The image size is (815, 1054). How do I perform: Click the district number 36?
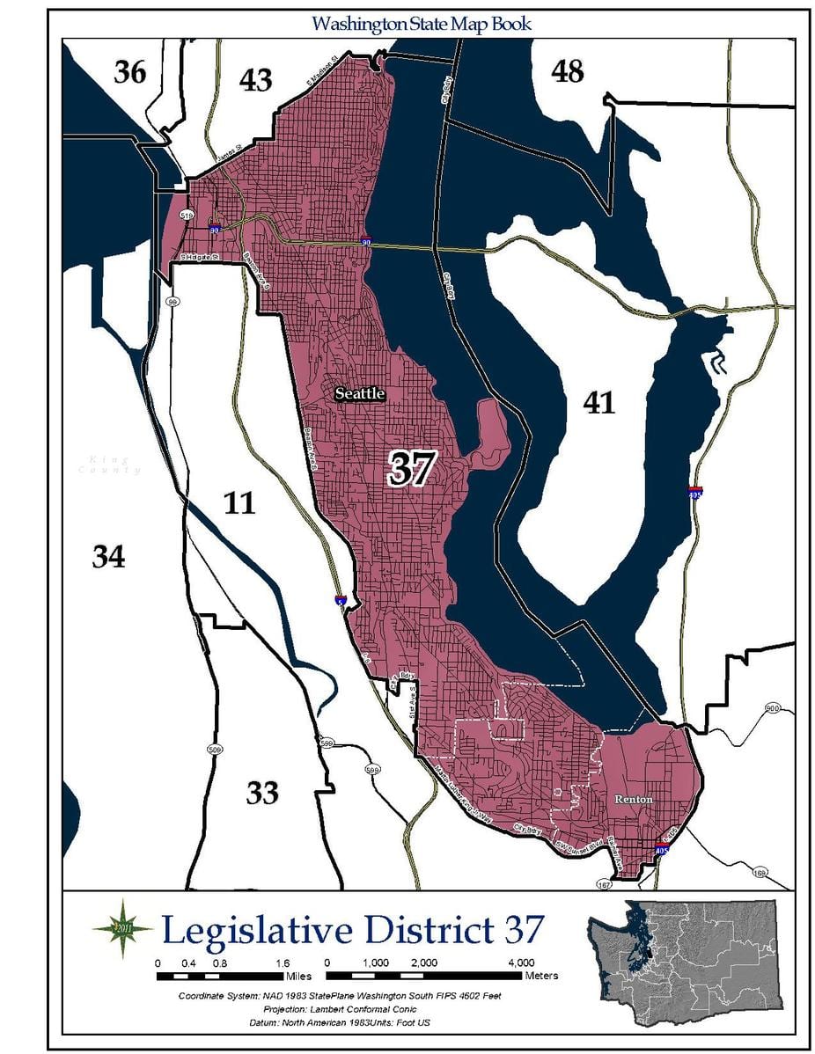click(x=129, y=72)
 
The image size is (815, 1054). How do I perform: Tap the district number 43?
click(x=255, y=80)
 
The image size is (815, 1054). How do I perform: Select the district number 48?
click(x=568, y=71)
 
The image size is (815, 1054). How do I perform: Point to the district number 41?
click(x=598, y=402)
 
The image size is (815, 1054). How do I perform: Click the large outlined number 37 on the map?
click(x=410, y=469)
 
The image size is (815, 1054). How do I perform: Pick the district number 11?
click(x=239, y=503)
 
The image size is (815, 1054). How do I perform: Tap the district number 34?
click(x=109, y=556)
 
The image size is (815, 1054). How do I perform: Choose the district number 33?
click(x=262, y=793)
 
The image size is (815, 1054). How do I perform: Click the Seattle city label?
click(x=359, y=394)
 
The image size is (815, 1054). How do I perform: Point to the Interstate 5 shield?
click(x=341, y=600)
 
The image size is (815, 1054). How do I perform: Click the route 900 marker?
click(x=772, y=708)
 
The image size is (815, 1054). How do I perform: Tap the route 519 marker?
click(x=187, y=215)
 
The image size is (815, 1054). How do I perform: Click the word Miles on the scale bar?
click(x=298, y=976)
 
